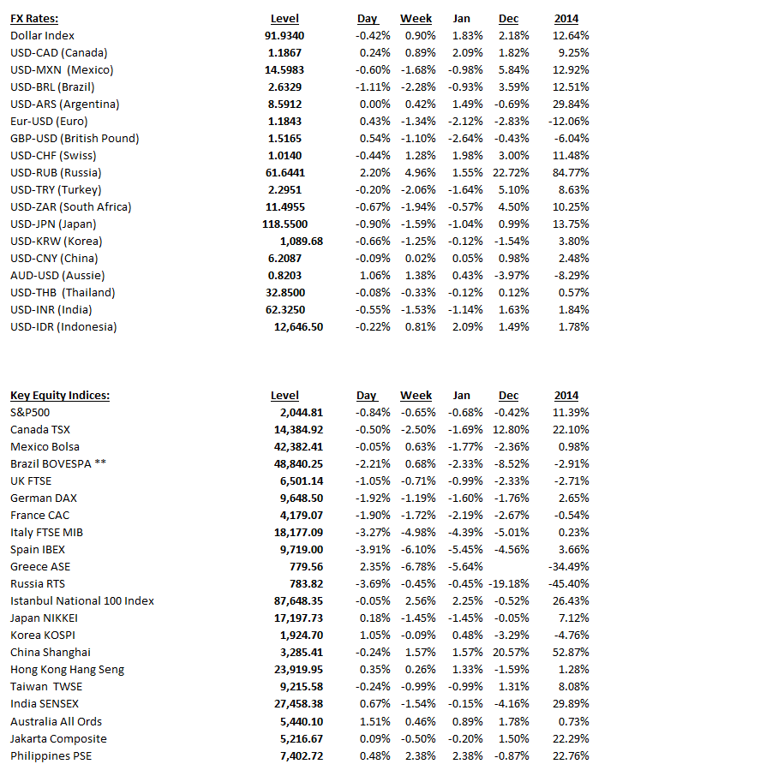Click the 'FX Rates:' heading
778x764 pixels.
point(34,18)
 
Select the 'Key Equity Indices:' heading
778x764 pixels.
point(60,395)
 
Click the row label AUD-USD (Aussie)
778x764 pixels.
point(57,275)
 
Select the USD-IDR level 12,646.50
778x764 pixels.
point(298,326)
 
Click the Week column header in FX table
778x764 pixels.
point(416,18)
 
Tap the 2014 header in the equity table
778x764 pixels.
point(566,395)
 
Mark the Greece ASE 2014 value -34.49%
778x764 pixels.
point(568,566)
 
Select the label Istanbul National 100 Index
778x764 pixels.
point(82,600)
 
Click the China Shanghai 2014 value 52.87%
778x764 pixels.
point(571,652)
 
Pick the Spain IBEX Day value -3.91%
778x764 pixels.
point(373,549)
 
